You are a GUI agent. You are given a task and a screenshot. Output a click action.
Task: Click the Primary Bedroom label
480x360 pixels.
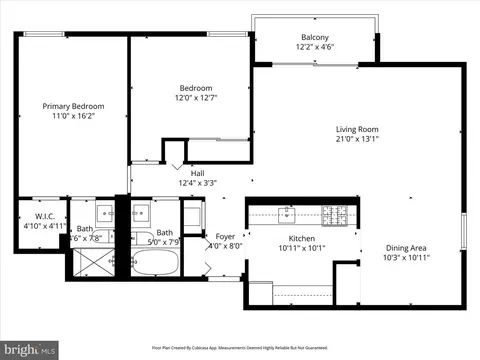coord(73,106)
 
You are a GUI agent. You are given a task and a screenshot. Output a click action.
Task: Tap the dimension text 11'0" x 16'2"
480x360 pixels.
coord(73,116)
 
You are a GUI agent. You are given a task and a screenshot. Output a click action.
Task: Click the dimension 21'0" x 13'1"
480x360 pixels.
coord(356,139)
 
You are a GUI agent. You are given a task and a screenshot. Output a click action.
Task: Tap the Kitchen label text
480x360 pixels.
coord(302,239)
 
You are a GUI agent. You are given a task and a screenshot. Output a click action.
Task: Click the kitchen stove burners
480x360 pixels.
coord(333,212)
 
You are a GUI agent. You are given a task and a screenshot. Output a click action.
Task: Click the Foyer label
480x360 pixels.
coord(225,236)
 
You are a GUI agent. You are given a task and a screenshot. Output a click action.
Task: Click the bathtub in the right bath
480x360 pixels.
coord(154,263)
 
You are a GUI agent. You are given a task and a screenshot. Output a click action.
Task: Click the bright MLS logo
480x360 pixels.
coord(29,350)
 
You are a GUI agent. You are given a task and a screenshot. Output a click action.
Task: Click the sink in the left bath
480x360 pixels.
coord(105,213)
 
